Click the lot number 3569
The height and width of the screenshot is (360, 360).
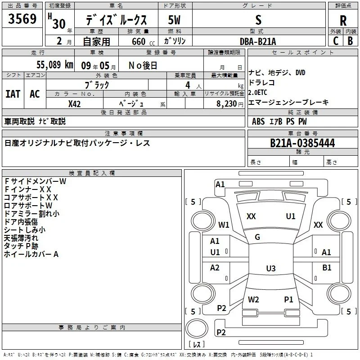[x=22, y=19]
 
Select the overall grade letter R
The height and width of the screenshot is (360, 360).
[x=343, y=21]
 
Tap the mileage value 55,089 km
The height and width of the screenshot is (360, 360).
[x=55, y=65]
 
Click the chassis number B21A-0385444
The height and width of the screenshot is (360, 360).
[x=302, y=143]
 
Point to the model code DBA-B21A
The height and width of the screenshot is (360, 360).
[x=258, y=41]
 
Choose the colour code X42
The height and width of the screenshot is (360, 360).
[x=74, y=104]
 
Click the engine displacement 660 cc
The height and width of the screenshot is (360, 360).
[x=143, y=42]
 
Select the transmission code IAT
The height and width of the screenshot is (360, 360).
[x=13, y=94]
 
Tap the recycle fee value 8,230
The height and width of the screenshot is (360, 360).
[x=226, y=104]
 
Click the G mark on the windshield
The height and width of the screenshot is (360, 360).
[x=257, y=237]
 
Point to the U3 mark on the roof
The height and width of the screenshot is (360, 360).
[x=271, y=268]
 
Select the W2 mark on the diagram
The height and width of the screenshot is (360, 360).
[x=253, y=300]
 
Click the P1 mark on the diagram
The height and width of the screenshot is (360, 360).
[x=288, y=300]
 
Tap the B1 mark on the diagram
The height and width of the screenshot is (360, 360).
[x=327, y=268]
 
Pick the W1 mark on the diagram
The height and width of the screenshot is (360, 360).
[x=224, y=225]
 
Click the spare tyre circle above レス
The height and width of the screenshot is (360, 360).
[x=197, y=328]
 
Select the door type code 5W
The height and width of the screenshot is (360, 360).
[x=174, y=20]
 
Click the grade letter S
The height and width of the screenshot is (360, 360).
[x=258, y=20]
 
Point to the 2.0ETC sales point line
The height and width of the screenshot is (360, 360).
[x=257, y=93]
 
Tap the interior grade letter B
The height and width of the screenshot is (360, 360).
[x=351, y=41]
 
